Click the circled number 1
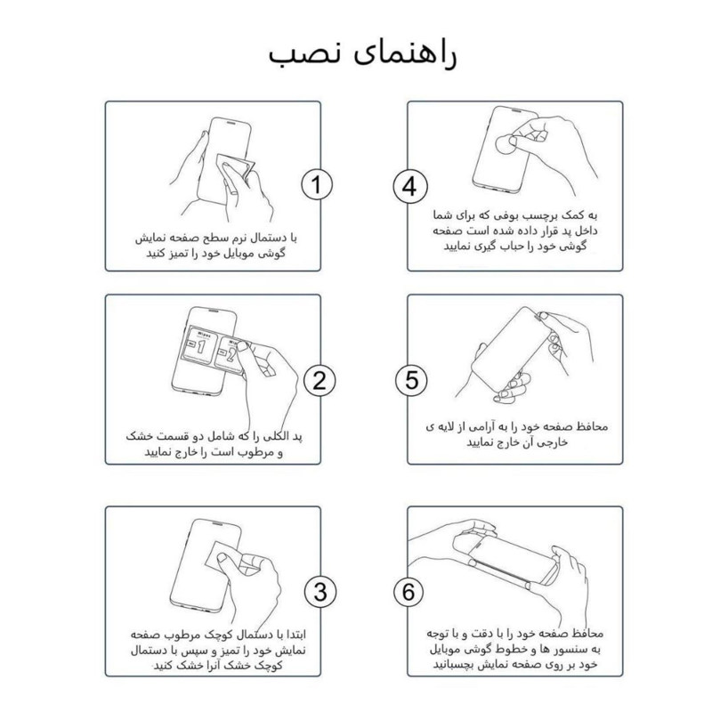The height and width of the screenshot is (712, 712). [317, 186]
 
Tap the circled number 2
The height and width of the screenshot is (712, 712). [317, 380]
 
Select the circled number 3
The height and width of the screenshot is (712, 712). [317, 591]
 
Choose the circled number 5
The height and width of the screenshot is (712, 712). [408, 380]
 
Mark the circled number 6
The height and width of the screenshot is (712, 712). [408, 591]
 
